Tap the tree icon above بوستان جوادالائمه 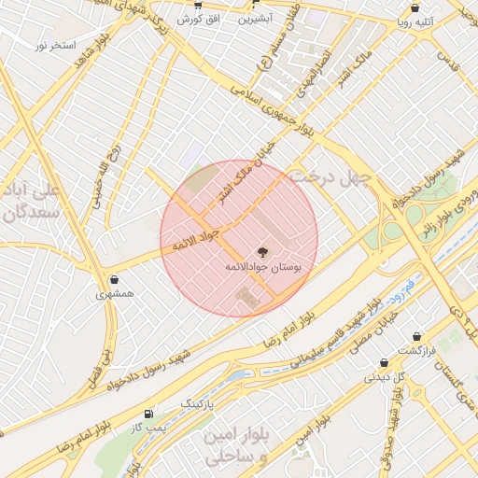(260, 251)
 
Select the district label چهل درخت (330, 177)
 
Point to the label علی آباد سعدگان (32, 202)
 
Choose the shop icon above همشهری (114, 279)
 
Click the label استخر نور (55, 45)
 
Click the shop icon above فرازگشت (416, 336)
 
